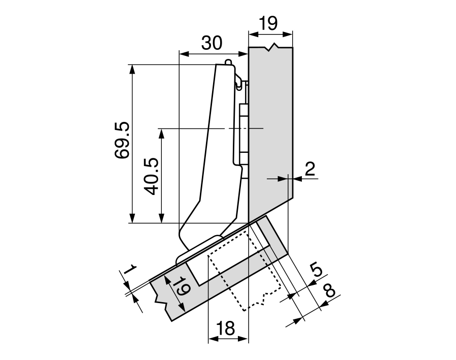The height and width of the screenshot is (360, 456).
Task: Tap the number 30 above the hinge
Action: coord(212,43)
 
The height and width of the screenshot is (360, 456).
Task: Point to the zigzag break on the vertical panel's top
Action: coord(274,48)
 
